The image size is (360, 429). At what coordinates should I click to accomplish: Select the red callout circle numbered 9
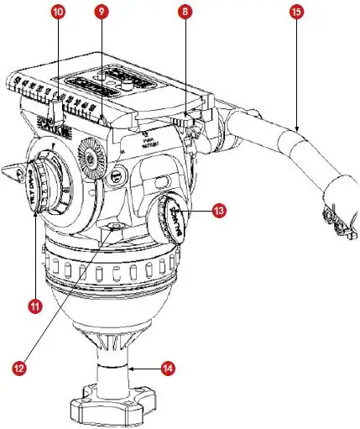[102, 13]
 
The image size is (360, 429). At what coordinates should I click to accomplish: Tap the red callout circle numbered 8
[185, 13]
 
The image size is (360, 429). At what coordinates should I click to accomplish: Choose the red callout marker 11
[34, 307]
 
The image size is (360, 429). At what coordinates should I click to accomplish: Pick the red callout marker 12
[18, 367]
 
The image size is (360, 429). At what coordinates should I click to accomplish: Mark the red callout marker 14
[168, 368]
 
